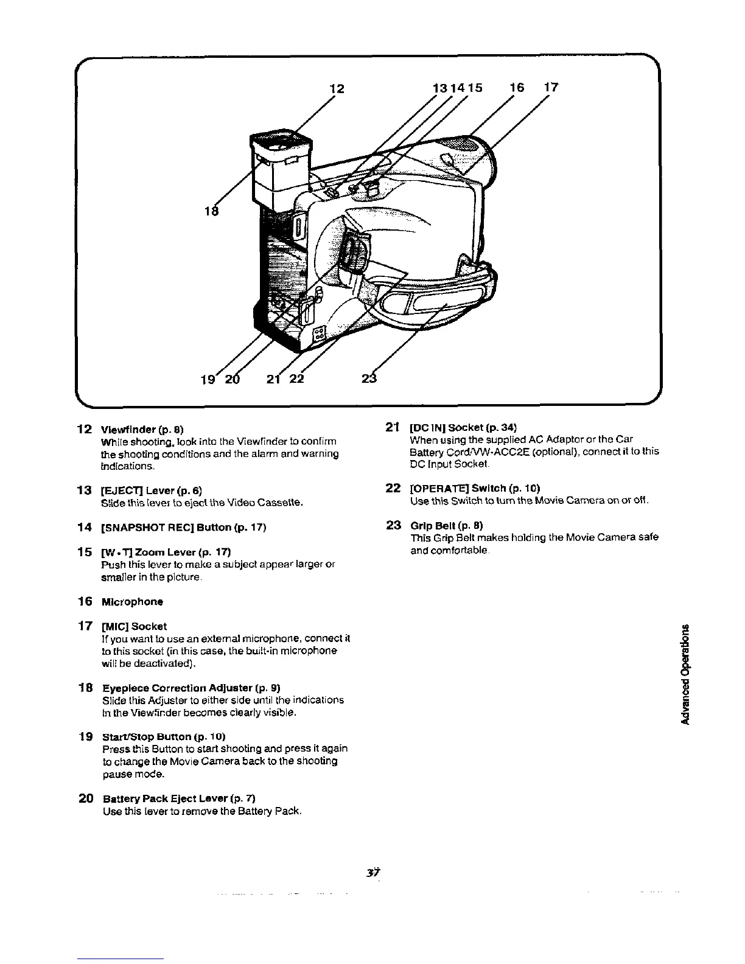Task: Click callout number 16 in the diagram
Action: coord(516,88)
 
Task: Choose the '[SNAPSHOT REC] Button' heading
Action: coord(183,526)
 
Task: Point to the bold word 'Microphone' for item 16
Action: coord(132,602)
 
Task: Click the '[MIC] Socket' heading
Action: coord(134,626)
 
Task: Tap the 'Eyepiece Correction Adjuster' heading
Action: coord(191,688)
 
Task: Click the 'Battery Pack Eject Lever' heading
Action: coord(182,798)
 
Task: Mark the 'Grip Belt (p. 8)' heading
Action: coord(447,525)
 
